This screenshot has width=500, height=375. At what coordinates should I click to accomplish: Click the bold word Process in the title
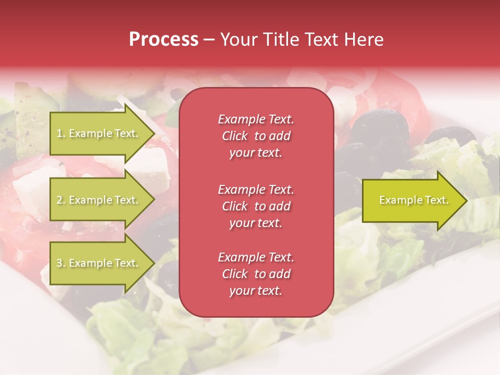tap(164, 40)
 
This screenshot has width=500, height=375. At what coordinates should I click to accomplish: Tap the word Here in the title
tap(364, 40)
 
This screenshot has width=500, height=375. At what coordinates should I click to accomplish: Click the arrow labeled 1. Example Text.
tap(99, 133)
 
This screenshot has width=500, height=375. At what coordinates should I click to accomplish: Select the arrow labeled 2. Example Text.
tap(99, 200)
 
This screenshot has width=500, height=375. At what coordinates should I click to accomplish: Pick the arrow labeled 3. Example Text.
tap(99, 263)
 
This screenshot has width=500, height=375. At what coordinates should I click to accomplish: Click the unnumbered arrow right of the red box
tap(411, 201)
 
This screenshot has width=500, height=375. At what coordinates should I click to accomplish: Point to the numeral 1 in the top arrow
tap(59, 133)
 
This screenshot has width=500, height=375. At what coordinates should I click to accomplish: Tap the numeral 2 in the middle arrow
tap(59, 200)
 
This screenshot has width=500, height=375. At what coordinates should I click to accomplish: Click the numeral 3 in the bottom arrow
tap(59, 263)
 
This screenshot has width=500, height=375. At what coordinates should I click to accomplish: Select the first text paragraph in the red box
tap(256, 136)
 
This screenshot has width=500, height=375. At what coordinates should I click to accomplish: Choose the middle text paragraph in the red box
tap(256, 206)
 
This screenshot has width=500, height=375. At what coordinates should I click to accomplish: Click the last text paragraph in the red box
tap(256, 274)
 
